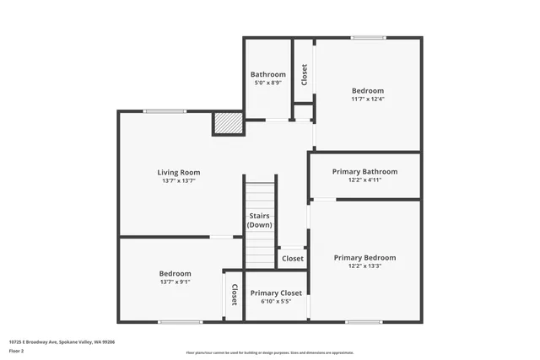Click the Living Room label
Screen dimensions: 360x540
pos(178,172)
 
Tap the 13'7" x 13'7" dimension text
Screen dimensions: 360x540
pos(178,180)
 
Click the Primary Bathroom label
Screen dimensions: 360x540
pos(364,171)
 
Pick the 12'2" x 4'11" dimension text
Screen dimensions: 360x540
pos(364,180)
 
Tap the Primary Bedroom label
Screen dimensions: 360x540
pos(364,257)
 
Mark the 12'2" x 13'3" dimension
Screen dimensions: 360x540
pos(364,266)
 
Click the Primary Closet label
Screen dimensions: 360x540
pos(275,293)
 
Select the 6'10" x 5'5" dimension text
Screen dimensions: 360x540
pos(275,301)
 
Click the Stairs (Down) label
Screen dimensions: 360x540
pos(259,220)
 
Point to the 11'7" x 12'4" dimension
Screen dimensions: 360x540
pos(367,99)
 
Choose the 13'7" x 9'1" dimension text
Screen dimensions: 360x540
pos(175,282)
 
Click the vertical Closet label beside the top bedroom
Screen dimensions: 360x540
pos(304,74)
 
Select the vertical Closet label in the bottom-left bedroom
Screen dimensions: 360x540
pos(234,294)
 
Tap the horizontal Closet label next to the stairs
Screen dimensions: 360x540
pos(292,258)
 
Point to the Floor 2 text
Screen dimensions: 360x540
pos(18,350)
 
